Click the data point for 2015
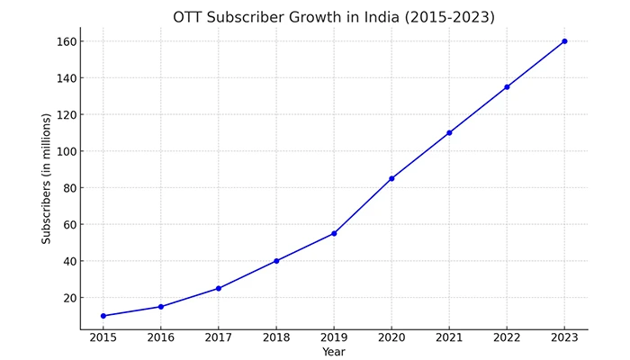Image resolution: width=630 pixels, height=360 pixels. tap(103, 316)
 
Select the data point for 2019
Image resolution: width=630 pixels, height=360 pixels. tap(334, 233)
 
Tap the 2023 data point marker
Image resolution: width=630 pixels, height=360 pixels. tap(564, 41)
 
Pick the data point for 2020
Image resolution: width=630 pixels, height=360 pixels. tap(391, 178)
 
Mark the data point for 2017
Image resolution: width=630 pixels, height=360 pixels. tap(219, 288)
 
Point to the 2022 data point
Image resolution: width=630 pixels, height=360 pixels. tap(507, 87)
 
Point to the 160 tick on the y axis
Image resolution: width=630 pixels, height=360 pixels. tap(65, 41)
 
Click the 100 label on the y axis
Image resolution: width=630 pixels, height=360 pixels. tap(65, 151)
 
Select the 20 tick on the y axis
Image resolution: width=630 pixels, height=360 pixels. tap(68, 298)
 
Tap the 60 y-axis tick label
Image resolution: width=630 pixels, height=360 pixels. tap(68, 224)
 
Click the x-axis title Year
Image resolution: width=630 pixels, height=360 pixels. tap(334, 353)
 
